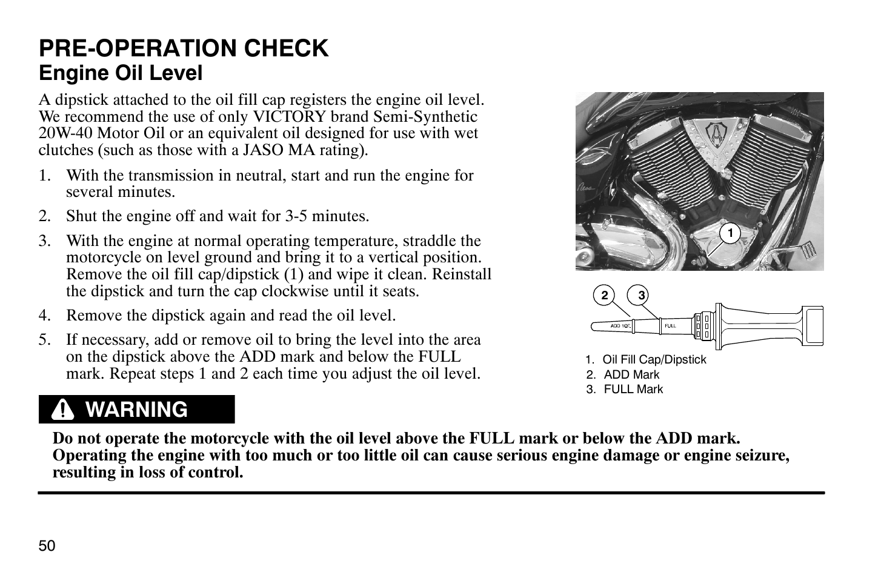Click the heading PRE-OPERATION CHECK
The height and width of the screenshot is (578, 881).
184,48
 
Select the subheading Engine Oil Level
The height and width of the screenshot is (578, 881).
121,73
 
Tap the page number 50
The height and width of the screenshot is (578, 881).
47,546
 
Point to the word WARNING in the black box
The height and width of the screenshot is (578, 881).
137,410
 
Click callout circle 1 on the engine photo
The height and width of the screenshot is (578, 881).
731,233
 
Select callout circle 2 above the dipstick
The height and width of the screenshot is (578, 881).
604,296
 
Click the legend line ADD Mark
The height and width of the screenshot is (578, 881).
631,374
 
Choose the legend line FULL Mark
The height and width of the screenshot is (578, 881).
633,389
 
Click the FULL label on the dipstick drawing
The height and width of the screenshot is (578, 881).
670,326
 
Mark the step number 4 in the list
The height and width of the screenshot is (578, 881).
43,316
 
